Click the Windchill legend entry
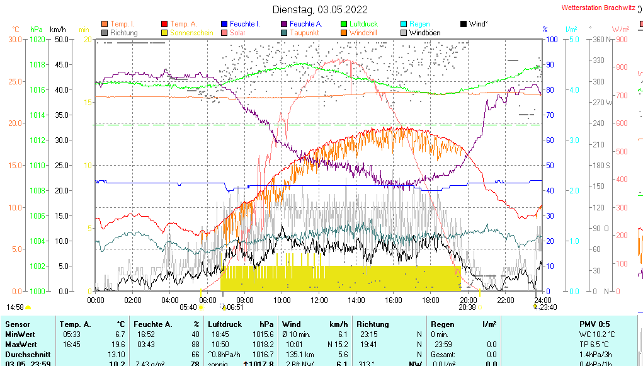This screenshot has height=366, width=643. point(363,33)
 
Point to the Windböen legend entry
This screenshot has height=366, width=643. point(424,33)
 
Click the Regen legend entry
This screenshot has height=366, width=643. point(419,24)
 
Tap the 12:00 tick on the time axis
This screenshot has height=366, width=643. point(319,300)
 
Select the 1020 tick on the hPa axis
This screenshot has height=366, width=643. point(37,39)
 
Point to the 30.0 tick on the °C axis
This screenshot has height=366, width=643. point(15,39)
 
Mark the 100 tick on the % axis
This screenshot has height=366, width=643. point(551,39)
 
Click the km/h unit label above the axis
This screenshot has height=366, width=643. point(58,30)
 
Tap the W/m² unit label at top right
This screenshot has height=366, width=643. point(621,30)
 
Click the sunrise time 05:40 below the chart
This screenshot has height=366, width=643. point(188,307)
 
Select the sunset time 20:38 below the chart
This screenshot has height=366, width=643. point(467,307)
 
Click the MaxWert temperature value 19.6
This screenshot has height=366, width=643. point(119,344)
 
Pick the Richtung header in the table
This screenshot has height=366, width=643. point(372,324)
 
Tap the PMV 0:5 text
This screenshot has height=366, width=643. point(595,324)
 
